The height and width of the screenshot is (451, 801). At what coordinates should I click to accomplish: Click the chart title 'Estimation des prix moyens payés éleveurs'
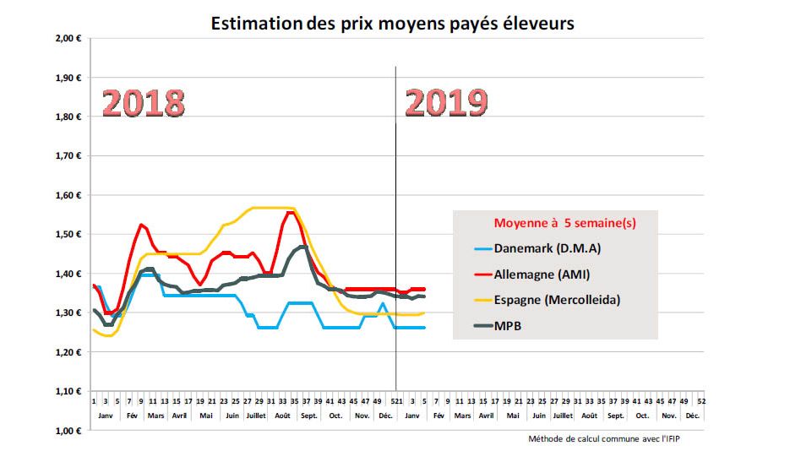(392, 23)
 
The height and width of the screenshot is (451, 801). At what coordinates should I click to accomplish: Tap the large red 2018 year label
(144, 104)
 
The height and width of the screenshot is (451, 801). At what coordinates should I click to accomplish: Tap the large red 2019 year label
(446, 103)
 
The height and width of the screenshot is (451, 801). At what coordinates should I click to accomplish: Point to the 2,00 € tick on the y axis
(66, 39)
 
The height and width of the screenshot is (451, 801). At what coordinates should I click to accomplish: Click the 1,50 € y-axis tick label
(66, 235)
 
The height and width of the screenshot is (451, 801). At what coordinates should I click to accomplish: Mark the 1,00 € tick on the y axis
(66, 431)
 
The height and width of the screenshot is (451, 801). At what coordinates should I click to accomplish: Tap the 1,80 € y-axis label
(66, 117)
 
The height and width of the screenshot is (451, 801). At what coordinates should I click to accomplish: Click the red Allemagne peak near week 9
(141, 225)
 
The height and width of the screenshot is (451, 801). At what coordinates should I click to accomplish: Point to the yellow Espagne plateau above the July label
(258, 208)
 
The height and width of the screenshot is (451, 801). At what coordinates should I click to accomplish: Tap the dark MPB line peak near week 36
(302, 247)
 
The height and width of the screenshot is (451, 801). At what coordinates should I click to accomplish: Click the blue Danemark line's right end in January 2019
(423, 328)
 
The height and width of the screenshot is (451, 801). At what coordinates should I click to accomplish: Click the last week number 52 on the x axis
(701, 401)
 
